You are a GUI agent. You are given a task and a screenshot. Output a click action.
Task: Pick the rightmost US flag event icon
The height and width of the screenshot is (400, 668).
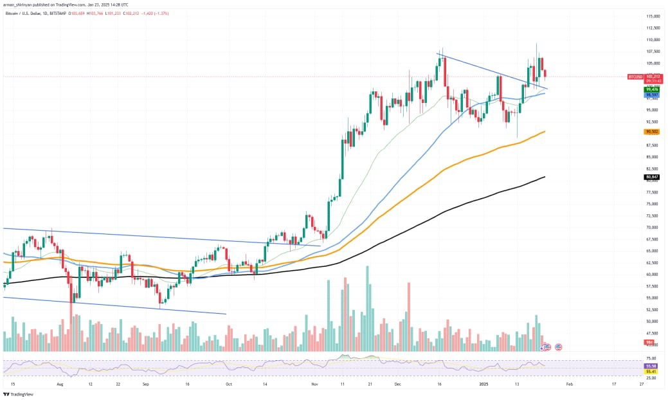(558, 347)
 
